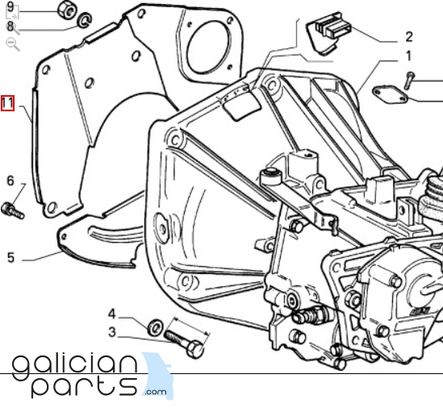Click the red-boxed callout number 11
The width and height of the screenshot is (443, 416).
tap(7, 103)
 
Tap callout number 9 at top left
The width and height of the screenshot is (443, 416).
tap(10, 6)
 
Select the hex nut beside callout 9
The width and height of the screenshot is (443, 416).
tap(67, 10)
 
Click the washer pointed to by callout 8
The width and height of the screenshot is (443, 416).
tap(85, 20)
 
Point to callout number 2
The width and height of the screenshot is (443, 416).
tap(409, 37)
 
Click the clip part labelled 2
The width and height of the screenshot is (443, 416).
tap(329, 32)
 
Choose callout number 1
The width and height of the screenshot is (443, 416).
tap(408, 56)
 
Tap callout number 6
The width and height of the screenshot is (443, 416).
tap(10, 181)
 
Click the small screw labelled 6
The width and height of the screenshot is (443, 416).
tap(13, 211)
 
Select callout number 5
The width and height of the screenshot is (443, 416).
tap(10, 258)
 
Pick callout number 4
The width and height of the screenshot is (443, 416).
tap(112, 314)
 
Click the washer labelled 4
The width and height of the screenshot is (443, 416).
tap(156, 327)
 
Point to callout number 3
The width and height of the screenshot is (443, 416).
tap(112, 332)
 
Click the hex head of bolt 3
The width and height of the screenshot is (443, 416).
tap(195, 349)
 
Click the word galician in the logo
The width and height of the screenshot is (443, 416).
tap(75, 366)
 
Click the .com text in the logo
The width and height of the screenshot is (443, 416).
tap(155, 392)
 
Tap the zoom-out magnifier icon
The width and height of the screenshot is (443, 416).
tap(13, 44)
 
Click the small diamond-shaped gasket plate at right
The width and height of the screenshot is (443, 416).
tap(391, 95)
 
